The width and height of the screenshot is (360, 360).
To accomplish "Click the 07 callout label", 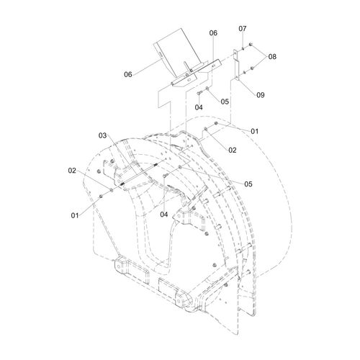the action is click(x=243, y=29).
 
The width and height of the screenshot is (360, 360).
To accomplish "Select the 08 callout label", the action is click(x=272, y=57).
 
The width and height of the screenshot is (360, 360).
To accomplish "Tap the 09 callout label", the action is click(x=261, y=95).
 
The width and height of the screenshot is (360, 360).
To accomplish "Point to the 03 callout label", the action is click(x=102, y=135).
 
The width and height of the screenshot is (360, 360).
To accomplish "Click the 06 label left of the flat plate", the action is click(x=128, y=74).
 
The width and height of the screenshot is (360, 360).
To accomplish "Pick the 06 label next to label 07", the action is click(x=213, y=33).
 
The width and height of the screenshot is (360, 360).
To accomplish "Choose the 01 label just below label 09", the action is click(x=254, y=131).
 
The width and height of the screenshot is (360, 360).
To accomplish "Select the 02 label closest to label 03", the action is click(x=72, y=171).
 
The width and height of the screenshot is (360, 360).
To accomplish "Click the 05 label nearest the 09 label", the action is click(x=225, y=102).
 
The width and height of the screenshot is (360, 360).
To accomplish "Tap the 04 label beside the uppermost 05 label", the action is click(x=199, y=107).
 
